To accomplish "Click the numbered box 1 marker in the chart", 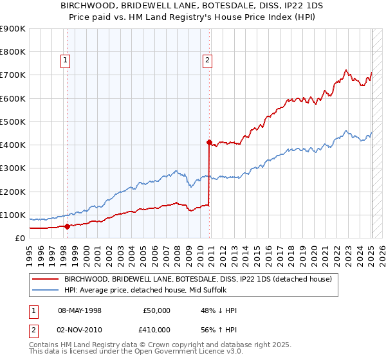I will (x=66, y=61).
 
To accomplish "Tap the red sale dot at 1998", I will (x=68, y=226).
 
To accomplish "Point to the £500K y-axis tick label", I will (x=13, y=122).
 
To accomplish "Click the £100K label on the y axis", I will (x=13, y=215).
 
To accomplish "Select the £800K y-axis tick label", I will (x=13, y=51).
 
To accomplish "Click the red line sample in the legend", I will (x=45, y=279).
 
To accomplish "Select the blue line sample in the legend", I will (x=45, y=290).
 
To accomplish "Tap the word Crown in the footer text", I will (x=155, y=345).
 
